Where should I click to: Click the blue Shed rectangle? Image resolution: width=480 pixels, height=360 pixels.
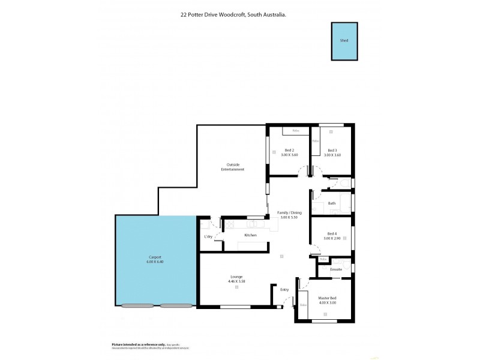coord(344,41)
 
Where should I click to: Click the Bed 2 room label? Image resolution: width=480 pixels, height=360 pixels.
coord(289,150)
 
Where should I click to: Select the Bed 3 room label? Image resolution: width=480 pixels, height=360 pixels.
coord(332,150)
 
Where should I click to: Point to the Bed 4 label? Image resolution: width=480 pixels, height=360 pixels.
coord(332,233)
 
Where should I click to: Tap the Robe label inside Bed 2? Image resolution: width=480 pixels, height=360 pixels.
coord(295,131)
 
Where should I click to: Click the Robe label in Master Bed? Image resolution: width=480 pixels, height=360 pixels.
coord(303,305)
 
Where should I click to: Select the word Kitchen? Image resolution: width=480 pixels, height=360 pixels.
coord(250,235)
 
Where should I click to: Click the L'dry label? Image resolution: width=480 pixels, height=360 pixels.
coord(208,237)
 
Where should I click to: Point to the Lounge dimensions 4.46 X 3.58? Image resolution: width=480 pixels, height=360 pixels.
coord(237,281)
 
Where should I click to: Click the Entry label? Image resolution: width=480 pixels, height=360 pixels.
coord(285,290)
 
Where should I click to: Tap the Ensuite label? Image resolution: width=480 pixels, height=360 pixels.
coord(336,269)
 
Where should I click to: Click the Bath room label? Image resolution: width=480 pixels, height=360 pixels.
coord(332,203)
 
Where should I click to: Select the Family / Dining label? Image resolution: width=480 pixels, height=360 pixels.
coord(289,212)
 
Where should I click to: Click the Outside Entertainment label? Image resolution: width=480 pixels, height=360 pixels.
coord(235,167)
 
